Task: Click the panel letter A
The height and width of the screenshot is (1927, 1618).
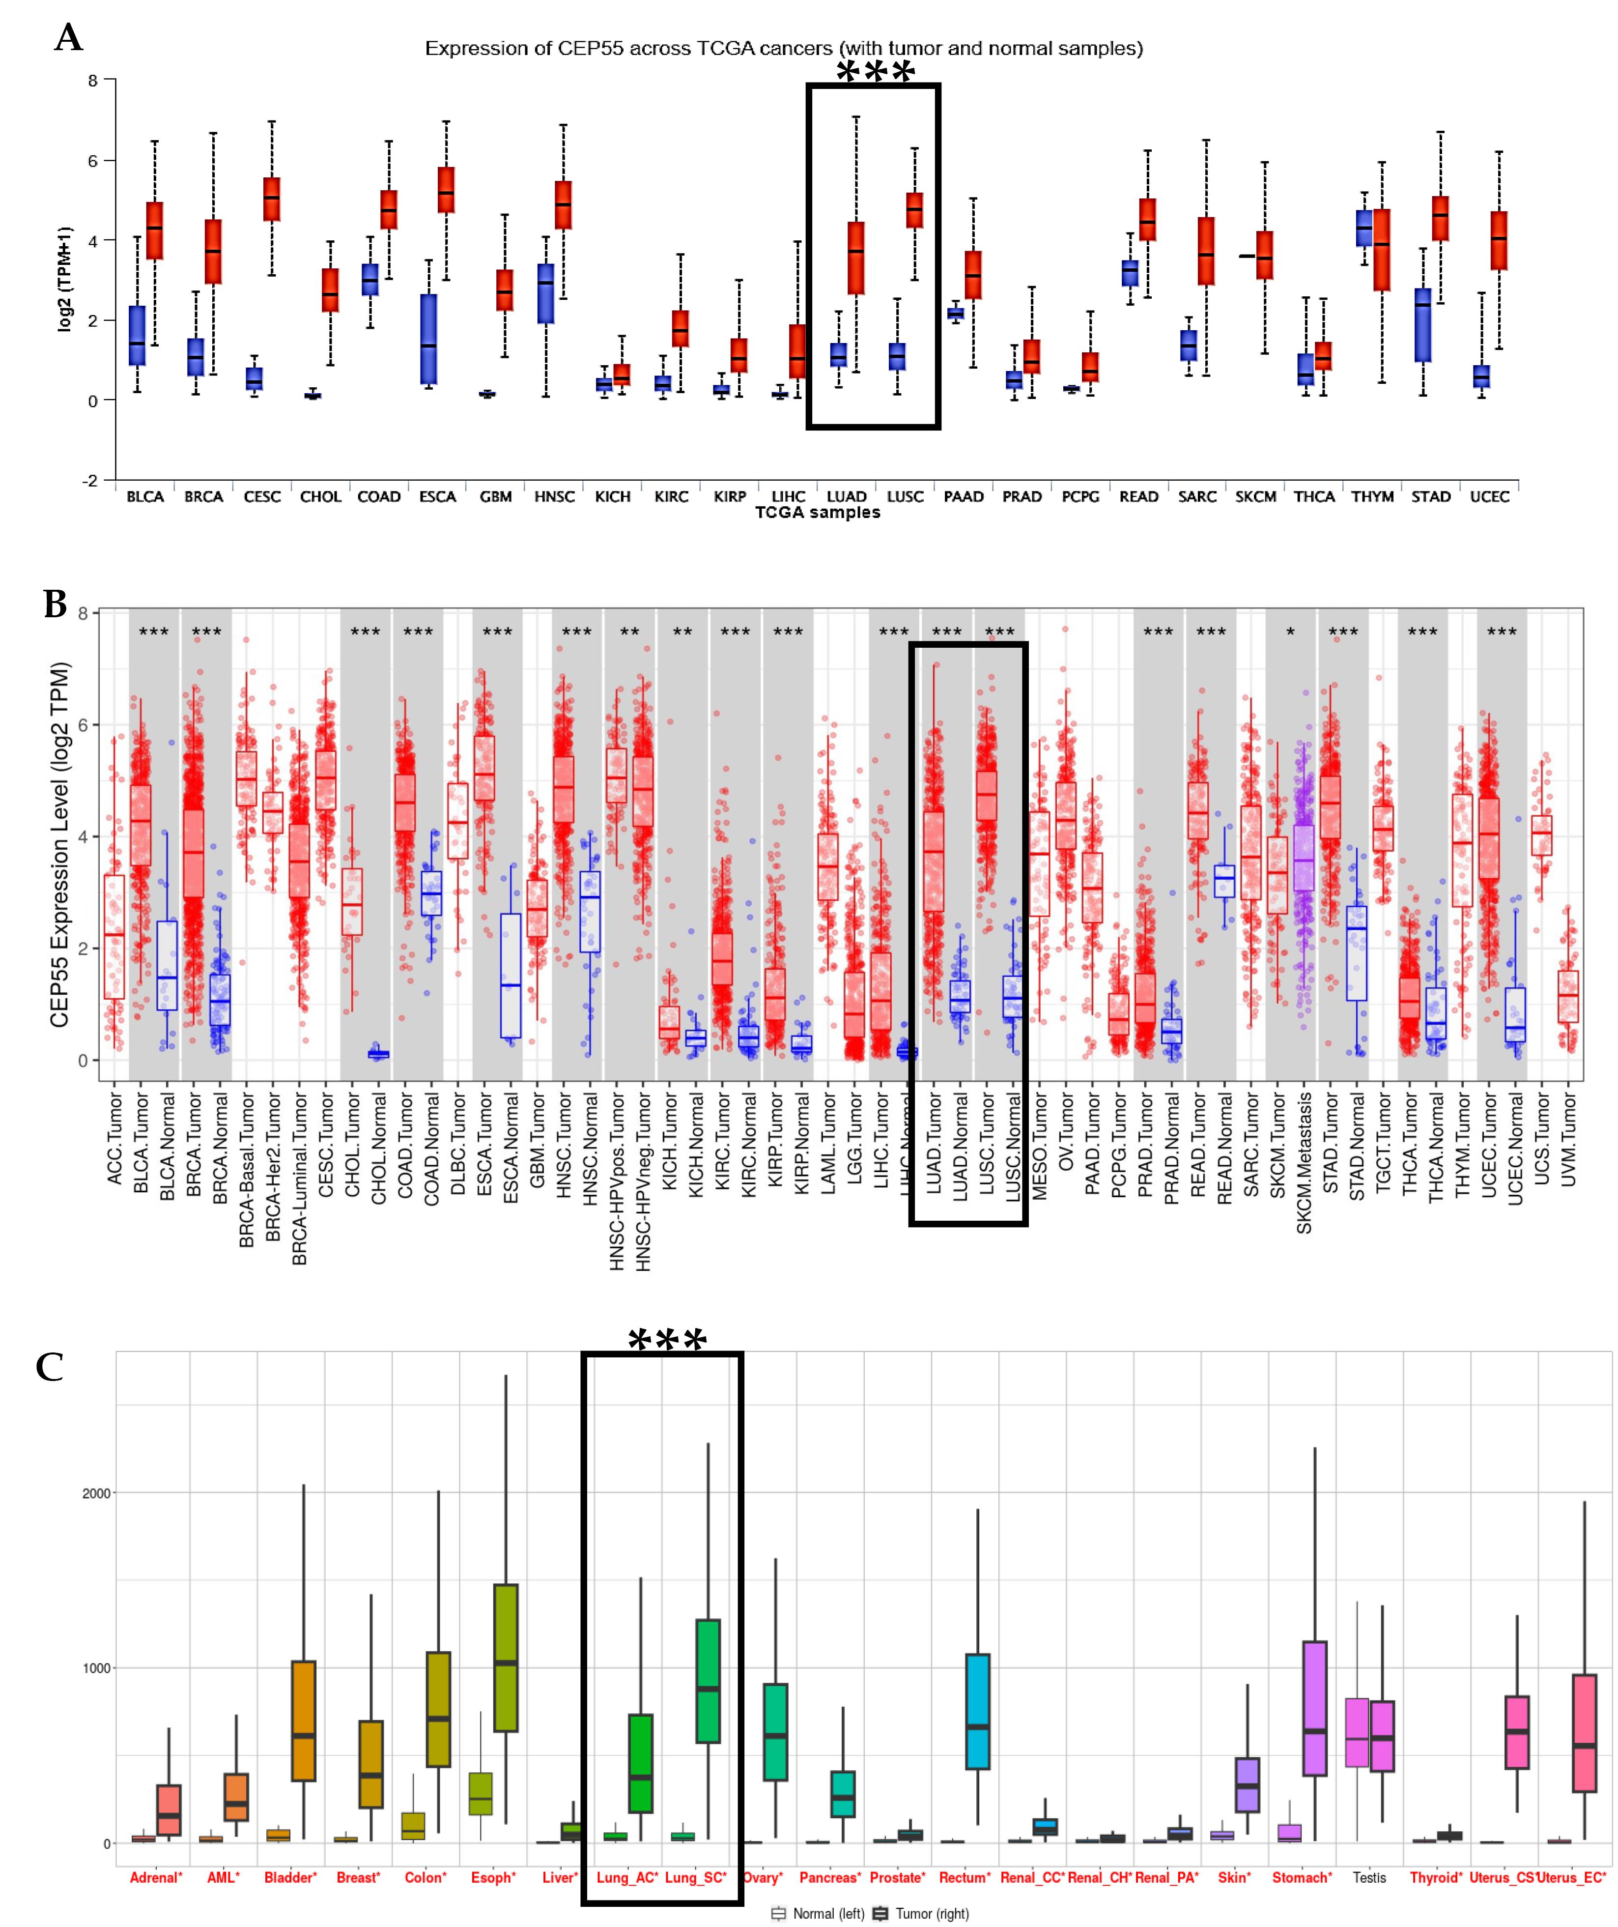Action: [69, 38]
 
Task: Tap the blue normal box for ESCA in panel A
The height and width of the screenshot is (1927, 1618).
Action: [428, 339]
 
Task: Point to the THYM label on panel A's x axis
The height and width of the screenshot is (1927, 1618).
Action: [1372, 496]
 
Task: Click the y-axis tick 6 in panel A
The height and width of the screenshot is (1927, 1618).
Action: [93, 161]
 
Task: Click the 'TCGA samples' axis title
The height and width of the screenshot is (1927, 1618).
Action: [817, 513]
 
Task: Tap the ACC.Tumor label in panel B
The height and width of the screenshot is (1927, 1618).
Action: [114, 1138]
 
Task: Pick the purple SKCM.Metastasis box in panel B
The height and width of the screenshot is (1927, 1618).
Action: [1304, 858]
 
